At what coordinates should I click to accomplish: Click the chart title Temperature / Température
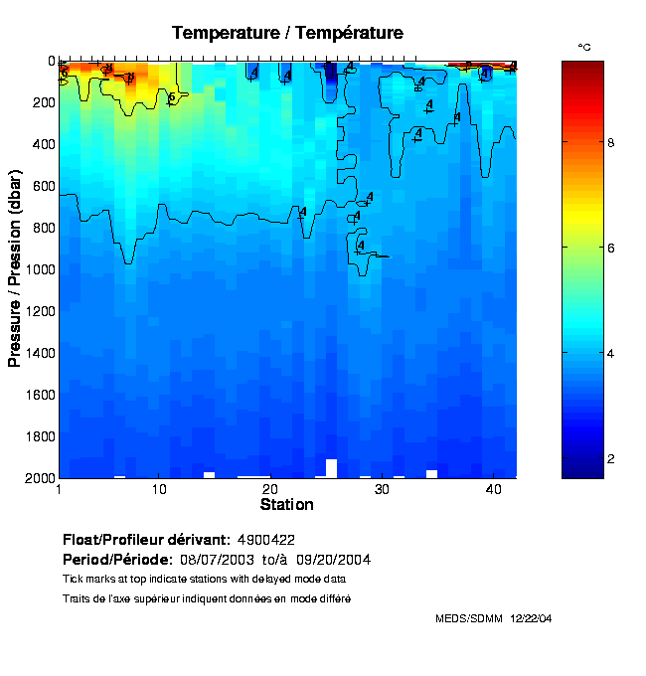(287, 33)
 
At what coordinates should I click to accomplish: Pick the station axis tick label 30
(381, 490)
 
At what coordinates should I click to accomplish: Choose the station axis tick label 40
(493, 490)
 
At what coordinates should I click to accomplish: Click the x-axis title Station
(286, 505)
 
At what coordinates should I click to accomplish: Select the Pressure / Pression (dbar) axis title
(15, 268)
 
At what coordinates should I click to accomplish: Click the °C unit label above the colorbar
(584, 47)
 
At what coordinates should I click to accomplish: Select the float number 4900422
(266, 540)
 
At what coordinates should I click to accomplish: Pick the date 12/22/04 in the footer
(532, 618)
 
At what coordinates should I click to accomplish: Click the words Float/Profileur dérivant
(147, 540)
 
